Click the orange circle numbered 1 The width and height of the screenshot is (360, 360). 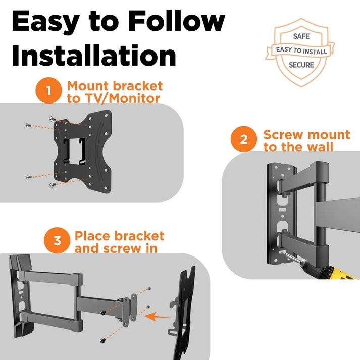pyautogui.click(x=48, y=90)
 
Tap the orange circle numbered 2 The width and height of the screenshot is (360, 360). pyautogui.click(x=244, y=139)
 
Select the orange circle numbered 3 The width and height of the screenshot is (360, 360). pyautogui.click(x=57, y=240)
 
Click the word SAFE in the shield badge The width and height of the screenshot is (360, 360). pyautogui.click(x=301, y=36)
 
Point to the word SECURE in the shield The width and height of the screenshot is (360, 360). pyautogui.click(x=301, y=65)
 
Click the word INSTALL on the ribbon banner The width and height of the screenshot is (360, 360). pyautogui.click(x=315, y=52)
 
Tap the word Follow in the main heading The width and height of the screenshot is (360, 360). pyautogui.click(x=177, y=21)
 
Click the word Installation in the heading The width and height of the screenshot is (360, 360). pyautogui.click(x=94, y=56)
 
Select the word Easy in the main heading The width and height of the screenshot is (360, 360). pyautogui.click(x=45, y=23)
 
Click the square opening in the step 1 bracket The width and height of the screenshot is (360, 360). pyautogui.click(x=74, y=151)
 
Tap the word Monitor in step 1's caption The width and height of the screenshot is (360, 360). pyautogui.click(x=134, y=99)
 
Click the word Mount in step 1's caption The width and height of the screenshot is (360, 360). pyautogui.click(x=88, y=86)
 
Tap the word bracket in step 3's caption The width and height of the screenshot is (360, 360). pyautogui.click(x=139, y=236)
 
